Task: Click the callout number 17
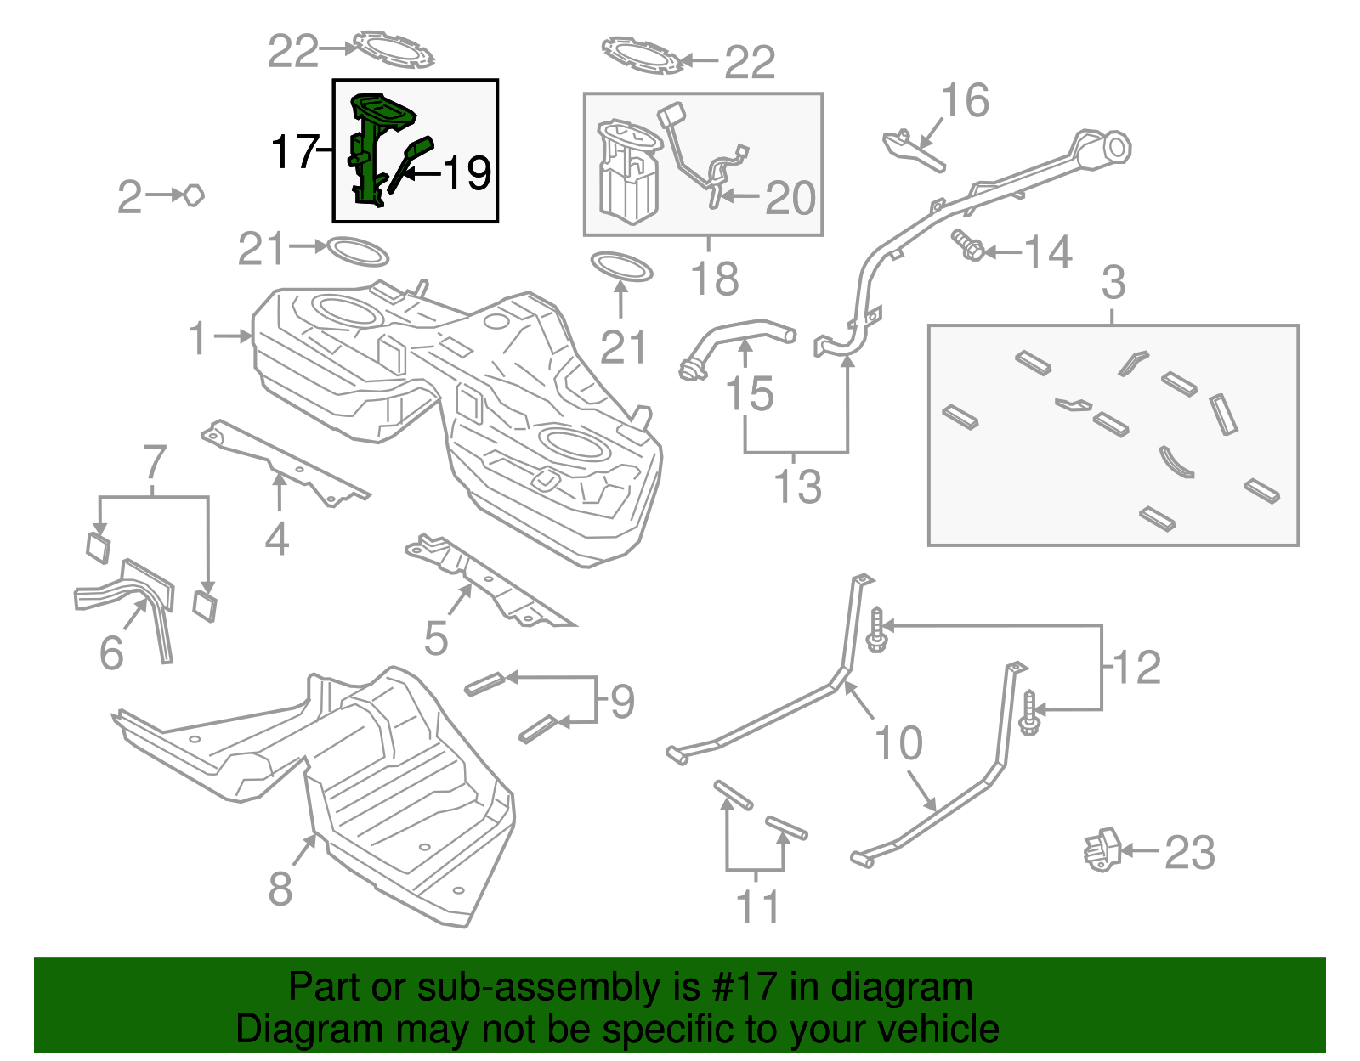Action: coord(293,152)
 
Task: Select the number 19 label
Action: coord(467,173)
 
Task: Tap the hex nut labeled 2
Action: coord(194,195)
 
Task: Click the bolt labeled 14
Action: coord(968,245)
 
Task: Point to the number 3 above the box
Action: coord(1113,283)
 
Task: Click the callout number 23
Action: coord(1189,852)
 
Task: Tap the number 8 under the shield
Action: coord(280,889)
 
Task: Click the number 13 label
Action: coord(797,487)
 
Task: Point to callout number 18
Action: coord(715,279)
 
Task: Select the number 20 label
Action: coord(790,198)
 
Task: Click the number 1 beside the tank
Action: coord(197,338)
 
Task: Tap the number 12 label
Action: coord(1136,667)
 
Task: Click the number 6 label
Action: coord(111,652)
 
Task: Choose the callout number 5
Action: coord(435,638)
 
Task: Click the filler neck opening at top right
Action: coord(1116,148)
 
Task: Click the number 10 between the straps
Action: coord(898,743)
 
